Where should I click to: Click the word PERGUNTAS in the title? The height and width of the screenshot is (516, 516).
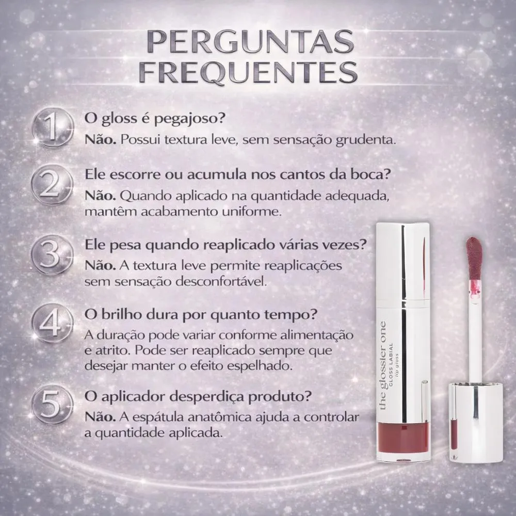pyautogui.click(x=250, y=42)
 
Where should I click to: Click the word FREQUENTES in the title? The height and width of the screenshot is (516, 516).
pyautogui.click(x=249, y=71)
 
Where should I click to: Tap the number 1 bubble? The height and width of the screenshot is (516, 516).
pyautogui.click(x=53, y=127)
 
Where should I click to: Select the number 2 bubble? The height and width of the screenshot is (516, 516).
pyautogui.click(x=52, y=185)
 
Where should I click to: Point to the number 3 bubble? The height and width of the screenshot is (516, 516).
pyautogui.click(x=52, y=255)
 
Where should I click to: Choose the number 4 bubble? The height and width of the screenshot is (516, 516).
pyautogui.click(x=52, y=323)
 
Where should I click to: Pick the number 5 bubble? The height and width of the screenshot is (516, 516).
pyautogui.click(x=52, y=404)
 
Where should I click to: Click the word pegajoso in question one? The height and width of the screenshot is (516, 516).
pyautogui.click(x=189, y=119)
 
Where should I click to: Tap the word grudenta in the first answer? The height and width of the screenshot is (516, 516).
pyautogui.click(x=366, y=140)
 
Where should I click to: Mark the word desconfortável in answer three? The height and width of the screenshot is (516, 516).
pyautogui.click(x=221, y=282)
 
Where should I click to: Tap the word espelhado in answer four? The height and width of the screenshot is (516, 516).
pyautogui.click(x=260, y=366)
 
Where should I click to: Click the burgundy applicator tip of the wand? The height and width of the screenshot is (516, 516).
pyautogui.click(x=474, y=259)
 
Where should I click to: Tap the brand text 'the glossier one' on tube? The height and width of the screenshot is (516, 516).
pyautogui.click(x=383, y=366)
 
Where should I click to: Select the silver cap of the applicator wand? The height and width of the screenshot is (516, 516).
pyautogui.click(x=476, y=423)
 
